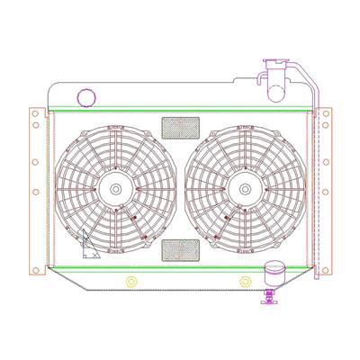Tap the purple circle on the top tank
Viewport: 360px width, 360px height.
click(87, 95)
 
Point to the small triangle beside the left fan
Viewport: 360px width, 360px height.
click(88, 245)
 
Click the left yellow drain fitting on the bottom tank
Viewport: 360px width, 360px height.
click(131, 282)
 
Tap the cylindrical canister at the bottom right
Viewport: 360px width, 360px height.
click(273, 273)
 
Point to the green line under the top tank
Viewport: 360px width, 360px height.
click(180, 112)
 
